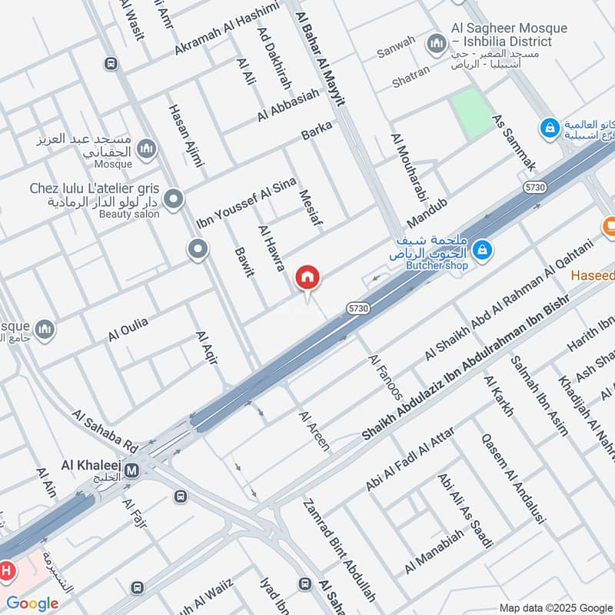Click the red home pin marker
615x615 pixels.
(307, 278)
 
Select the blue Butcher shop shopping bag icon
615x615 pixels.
(482, 248)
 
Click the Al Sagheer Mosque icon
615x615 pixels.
(437, 41)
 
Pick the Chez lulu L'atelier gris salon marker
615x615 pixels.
(174, 200)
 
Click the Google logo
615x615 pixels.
(32, 603)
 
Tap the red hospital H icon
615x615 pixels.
(8, 571)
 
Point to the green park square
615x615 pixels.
(471, 112)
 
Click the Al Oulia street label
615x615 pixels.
(128, 329)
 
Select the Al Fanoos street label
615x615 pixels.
(385, 377)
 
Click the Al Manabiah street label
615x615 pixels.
(434, 550)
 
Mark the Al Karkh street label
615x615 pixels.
(498, 395)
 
